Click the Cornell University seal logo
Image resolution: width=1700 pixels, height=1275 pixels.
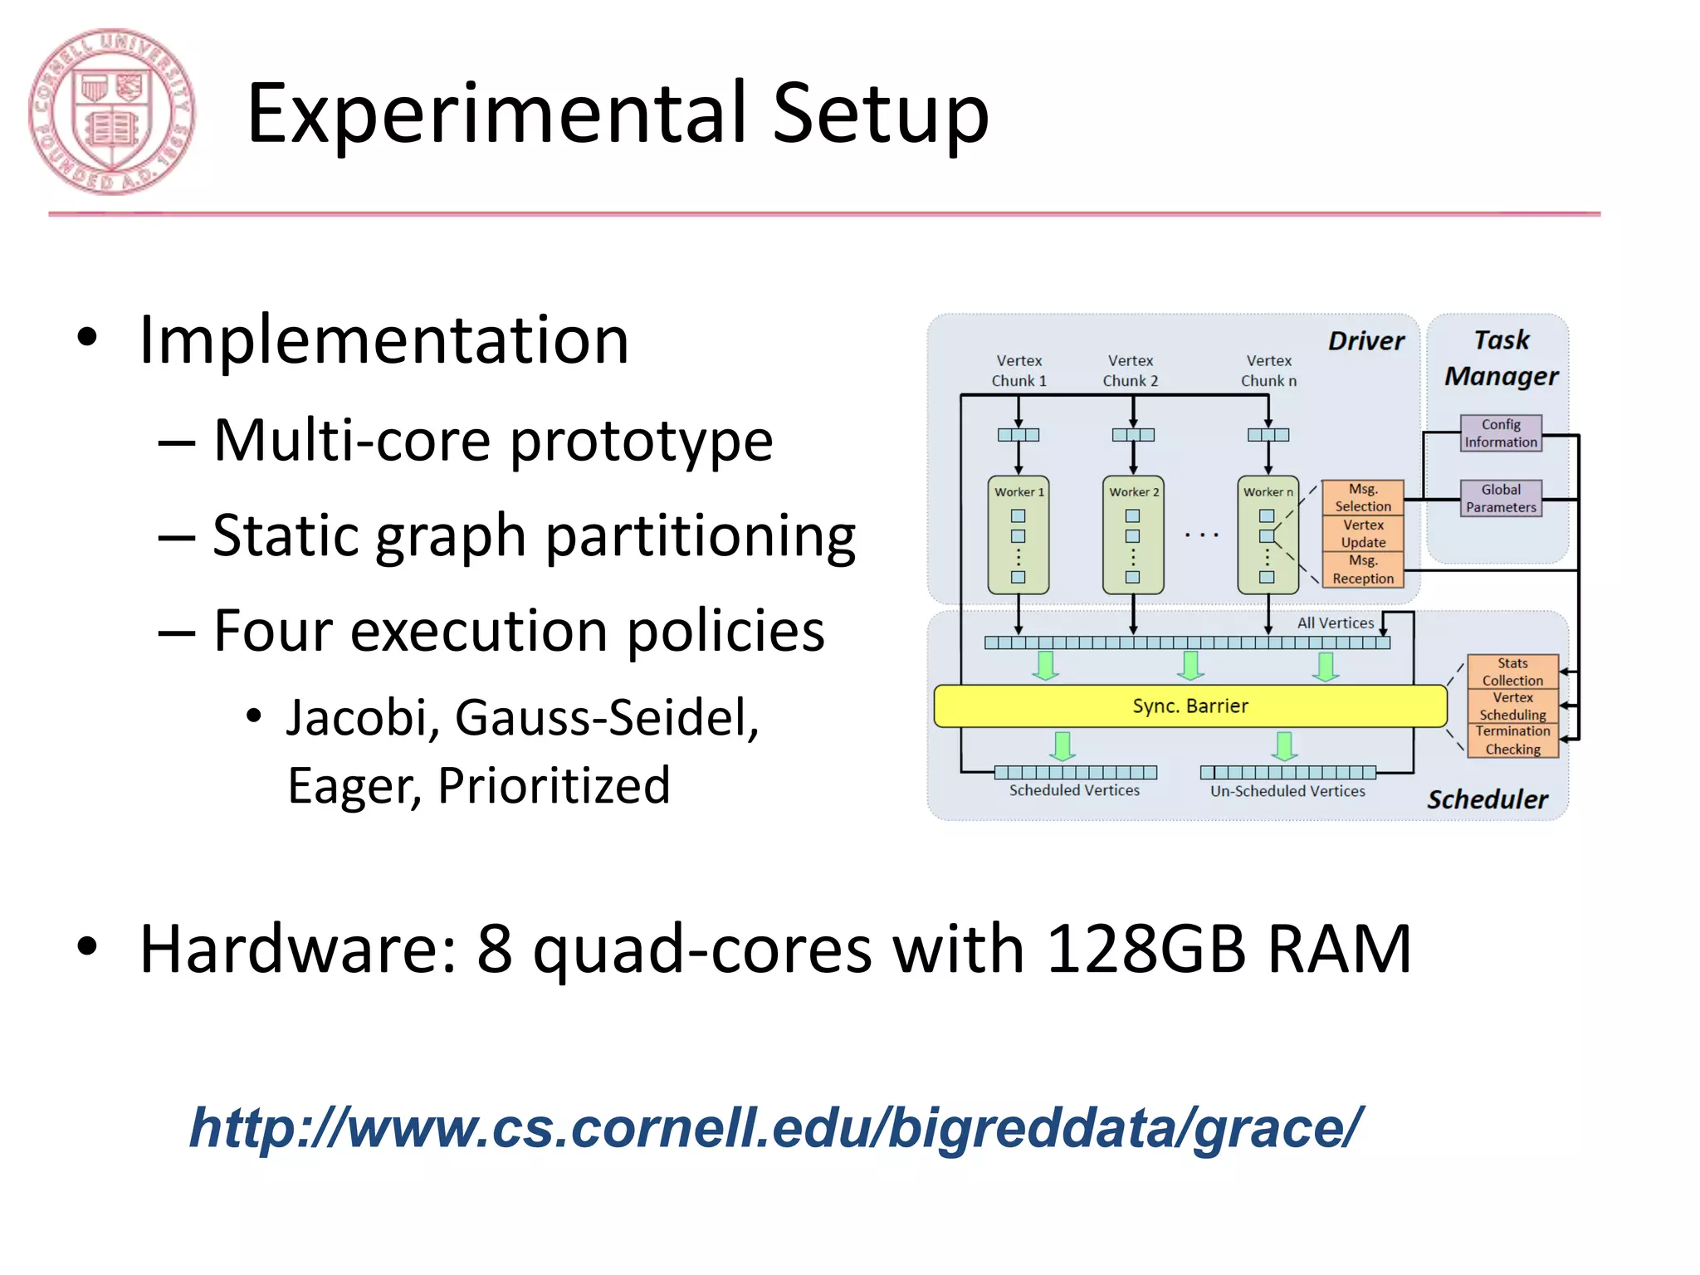coord(111,112)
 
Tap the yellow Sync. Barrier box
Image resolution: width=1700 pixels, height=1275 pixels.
coord(1190,706)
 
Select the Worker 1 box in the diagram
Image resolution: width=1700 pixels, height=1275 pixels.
coord(1019,535)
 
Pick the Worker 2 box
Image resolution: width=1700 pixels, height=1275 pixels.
coord(1133,535)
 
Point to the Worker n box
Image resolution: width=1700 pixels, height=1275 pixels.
coord(1268,535)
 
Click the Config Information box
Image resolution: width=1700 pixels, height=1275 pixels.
coord(1500,433)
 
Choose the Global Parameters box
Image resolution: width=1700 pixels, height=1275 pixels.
coord(1500,498)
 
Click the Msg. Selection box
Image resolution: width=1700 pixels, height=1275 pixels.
coord(1362,497)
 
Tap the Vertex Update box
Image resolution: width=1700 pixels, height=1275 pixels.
coord(1362,534)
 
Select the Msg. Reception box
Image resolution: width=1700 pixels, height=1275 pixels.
coord(1362,569)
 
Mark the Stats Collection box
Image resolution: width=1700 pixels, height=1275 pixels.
coord(1512,672)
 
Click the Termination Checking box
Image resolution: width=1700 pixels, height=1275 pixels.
coord(1512,740)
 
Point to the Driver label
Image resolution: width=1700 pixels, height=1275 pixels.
coord(1365,341)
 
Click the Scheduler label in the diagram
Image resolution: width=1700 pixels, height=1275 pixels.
coord(1487,799)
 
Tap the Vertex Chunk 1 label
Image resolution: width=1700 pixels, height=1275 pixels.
coord(1019,370)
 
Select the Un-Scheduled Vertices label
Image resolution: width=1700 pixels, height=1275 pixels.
coord(1287,791)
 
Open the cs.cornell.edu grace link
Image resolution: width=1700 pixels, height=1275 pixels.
coord(775,1128)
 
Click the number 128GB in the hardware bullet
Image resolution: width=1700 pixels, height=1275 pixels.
coord(1146,949)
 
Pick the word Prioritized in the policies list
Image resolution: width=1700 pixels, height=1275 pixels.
coord(554,785)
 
